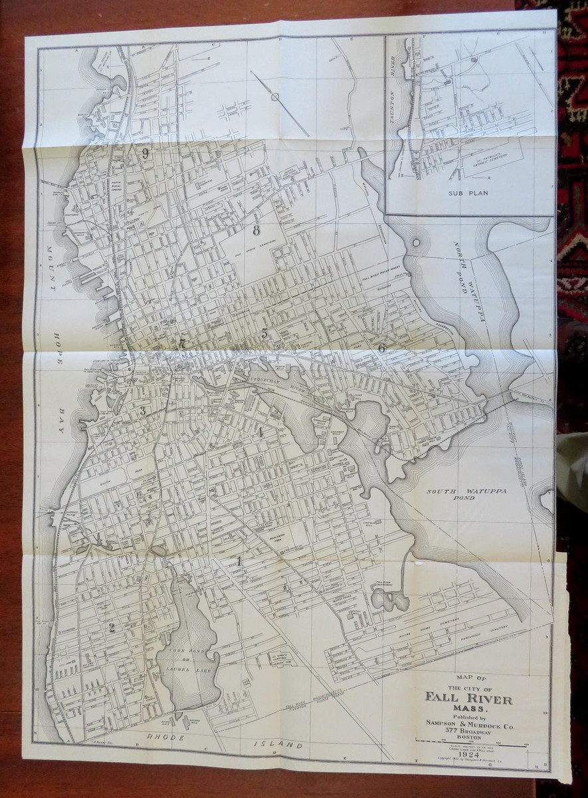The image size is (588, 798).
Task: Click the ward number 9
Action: click(145, 153)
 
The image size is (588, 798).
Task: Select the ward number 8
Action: click(255, 231)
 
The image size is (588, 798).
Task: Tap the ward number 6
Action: click(382, 348)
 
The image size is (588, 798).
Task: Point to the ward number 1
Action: click(239, 561)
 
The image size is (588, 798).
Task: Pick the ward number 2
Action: click(112, 627)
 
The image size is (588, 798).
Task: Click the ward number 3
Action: click(142, 410)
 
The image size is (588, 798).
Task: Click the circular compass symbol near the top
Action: click(274, 98)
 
